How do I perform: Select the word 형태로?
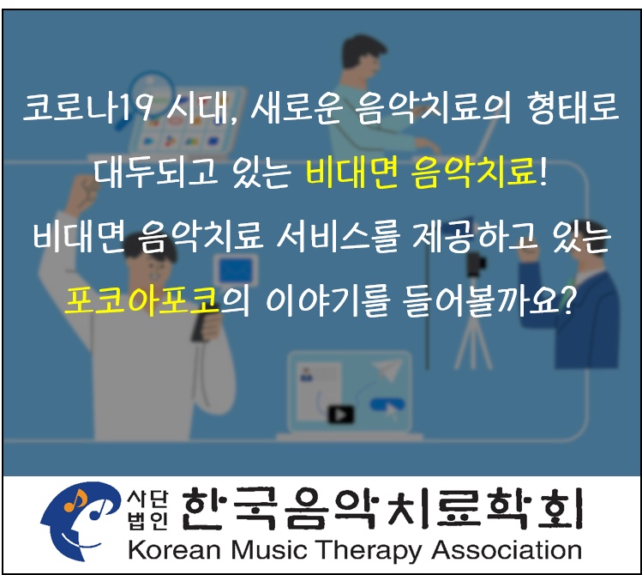click(x=573, y=108)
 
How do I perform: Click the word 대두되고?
click(x=156, y=172)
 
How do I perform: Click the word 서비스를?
click(x=339, y=237)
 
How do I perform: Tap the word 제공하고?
click(x=474, y=237)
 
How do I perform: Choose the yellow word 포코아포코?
click(x=141, y=301)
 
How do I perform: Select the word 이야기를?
click(x=327, y=301)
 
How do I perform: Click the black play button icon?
click(x=340, y=415)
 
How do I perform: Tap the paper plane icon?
click(x=387, y=368)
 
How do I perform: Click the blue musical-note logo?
click(x=81, y=521)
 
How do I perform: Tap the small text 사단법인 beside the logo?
click(x=147, y=511)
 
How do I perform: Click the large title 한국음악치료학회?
click(x=381, y=508)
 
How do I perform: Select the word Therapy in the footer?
click(x=367, y=551)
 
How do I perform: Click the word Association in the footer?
click(x=507, y=549)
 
